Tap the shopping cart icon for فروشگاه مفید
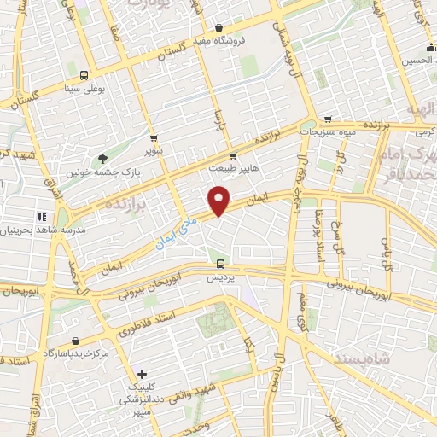(x=219, y=26)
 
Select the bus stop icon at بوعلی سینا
(x=84, y=75)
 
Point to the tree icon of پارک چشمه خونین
(x=103, y=158)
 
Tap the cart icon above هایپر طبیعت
(x=234, y=143)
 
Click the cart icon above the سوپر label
(x=153, y=137)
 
